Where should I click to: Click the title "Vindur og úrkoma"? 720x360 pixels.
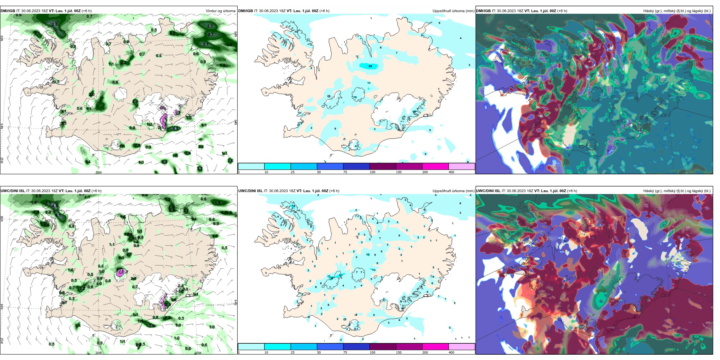(220, 11)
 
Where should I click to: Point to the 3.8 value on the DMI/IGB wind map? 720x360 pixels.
(55, 24)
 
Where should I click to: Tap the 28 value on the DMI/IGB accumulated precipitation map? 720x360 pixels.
(370, 66)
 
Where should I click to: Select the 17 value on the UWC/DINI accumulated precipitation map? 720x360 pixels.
(341, 275)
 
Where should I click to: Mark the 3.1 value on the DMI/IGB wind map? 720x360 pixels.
(206, 45)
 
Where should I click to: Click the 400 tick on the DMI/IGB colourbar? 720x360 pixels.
(451, 172)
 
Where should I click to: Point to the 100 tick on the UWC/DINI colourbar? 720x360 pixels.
(373, 352)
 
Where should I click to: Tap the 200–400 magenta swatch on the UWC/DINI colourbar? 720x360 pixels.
(435, 347)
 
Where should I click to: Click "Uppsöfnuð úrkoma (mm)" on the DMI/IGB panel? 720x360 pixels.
(453, 11)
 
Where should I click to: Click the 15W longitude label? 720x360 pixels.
(198, 353)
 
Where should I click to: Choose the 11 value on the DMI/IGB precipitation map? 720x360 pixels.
(369, 83)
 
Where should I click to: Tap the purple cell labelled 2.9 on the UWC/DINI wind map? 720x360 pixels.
(121, 272)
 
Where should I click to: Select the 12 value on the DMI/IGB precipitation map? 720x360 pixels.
(355, 97)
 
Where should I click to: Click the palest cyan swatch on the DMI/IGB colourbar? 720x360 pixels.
(251, 166)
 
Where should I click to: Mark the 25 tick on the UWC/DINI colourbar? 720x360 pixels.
(293, 352)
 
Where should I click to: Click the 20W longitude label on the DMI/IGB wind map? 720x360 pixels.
(99, 172)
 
